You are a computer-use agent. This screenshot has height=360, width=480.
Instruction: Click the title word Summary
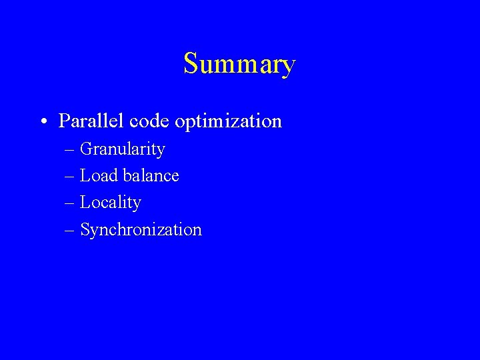click(x=239, y=65)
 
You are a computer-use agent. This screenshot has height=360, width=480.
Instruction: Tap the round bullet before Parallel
click(x=43, y=122)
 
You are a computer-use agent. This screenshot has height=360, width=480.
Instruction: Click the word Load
click(x=99, y=176)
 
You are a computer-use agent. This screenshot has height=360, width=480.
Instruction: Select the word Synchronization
click(x=141, y=230)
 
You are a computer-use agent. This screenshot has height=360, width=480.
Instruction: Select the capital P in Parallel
click(x=64, y=121)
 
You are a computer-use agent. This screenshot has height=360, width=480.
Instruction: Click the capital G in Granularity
click(x=86, y=149)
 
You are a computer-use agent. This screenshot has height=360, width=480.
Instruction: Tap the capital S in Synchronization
click(x=85, y=229)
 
